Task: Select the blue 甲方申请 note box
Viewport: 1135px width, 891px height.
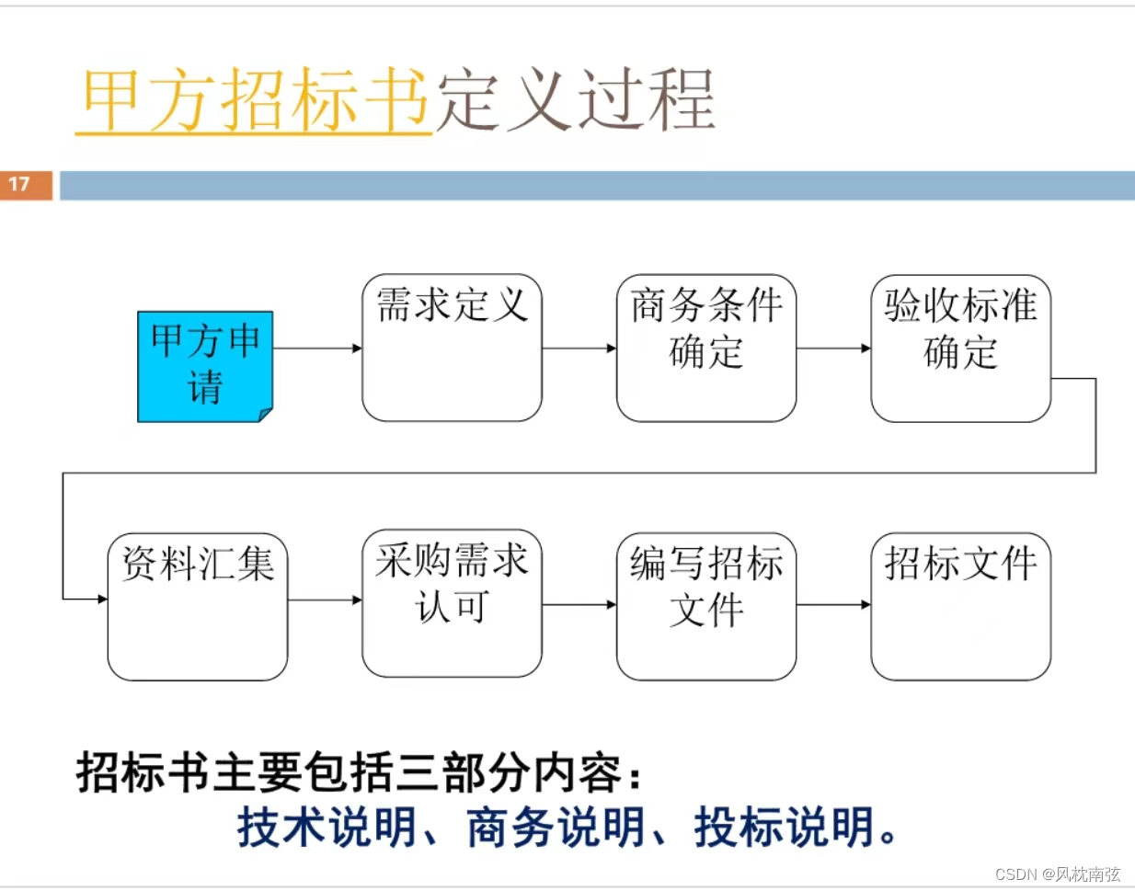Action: point(205,366)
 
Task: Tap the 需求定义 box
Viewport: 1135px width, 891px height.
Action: point(452,348)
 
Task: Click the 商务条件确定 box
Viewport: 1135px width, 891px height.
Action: point(705,348)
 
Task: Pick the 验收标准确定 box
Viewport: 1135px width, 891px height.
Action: point(960,348)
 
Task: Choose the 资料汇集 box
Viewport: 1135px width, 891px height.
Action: point(198,606)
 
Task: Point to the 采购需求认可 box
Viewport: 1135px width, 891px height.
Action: point(452,603)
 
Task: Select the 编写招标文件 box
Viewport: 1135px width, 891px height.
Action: point(705,606)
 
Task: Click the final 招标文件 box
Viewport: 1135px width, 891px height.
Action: point(960,606)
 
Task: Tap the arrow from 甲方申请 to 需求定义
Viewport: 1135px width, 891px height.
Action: point(317,348)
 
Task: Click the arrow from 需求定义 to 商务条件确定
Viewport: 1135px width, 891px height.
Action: point(579,348)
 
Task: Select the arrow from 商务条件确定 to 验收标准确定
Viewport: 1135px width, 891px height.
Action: point(833,348)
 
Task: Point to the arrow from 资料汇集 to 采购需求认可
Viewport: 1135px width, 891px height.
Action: point(325,600)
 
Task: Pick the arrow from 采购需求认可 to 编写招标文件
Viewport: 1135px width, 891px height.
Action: point(579,604)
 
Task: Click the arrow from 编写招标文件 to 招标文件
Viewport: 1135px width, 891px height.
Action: point(833,604)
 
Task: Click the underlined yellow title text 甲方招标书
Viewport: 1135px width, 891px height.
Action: point(255,99)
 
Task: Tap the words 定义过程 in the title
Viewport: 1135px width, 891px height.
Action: point(575,99)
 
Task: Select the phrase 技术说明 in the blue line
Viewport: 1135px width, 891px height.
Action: point(327,827)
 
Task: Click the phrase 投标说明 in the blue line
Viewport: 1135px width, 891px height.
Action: point(785,827)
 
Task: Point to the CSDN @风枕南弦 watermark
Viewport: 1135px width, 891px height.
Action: point(1058,874)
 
